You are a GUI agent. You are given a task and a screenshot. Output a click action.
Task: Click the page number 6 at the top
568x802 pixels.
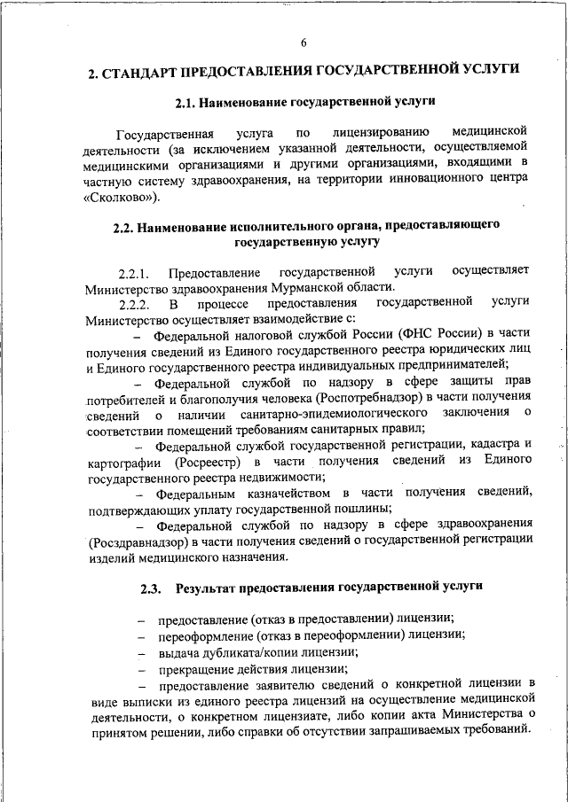point(304,43)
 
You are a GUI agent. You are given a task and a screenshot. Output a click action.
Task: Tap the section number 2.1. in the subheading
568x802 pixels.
point(186,103)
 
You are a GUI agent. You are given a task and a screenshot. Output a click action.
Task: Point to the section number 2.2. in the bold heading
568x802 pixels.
point(125,226)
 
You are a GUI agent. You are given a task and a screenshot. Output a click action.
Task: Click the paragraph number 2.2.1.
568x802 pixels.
point(136,271)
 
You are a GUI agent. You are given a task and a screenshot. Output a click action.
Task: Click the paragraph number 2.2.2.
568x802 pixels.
point(136,304)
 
